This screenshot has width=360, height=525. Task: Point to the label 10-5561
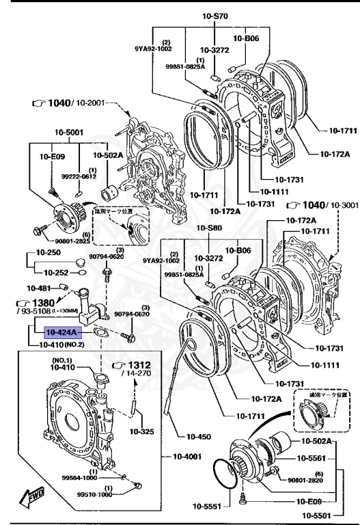click(x=317, y=458)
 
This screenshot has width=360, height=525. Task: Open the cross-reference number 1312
click(x=139, y=364)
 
